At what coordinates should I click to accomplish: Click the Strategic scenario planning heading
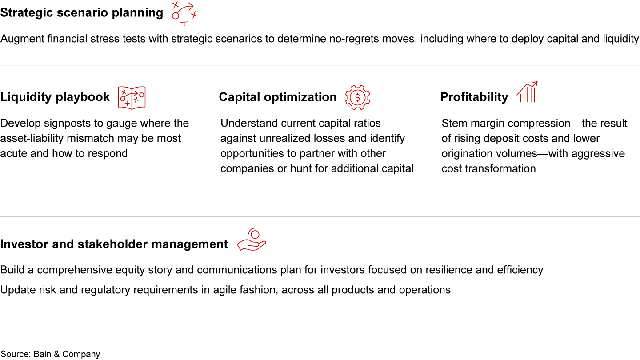(82, 13)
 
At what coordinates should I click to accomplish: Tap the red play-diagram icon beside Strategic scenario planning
(184, 14)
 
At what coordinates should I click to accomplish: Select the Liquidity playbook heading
(55, 97)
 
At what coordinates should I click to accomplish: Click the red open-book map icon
(132, 98)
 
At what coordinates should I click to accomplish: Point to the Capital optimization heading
(278, 97)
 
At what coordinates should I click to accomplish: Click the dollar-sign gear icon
(357, 98)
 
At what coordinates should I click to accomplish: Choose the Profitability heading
(474, 97)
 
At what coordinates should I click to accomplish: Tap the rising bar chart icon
(528, 92)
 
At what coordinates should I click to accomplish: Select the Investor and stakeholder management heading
(114, 244)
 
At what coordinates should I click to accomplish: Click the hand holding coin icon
(252, 240)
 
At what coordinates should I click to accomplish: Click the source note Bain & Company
(50, 354)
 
